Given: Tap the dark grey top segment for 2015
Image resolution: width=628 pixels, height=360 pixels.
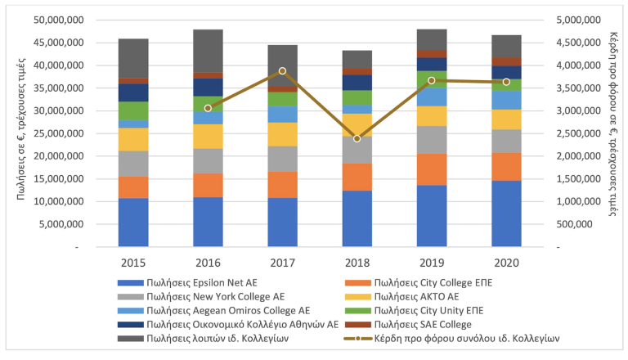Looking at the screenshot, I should [133, 58].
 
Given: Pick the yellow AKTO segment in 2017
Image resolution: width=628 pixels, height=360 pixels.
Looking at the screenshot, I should [282, 134].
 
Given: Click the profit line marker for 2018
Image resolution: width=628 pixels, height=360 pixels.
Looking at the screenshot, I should [357, 138].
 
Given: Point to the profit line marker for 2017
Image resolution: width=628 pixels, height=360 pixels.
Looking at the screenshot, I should [282, 71].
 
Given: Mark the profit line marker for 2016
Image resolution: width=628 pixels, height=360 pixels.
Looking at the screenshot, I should [208, 108].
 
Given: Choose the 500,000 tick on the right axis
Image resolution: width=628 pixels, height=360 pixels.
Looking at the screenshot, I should [582, 223].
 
